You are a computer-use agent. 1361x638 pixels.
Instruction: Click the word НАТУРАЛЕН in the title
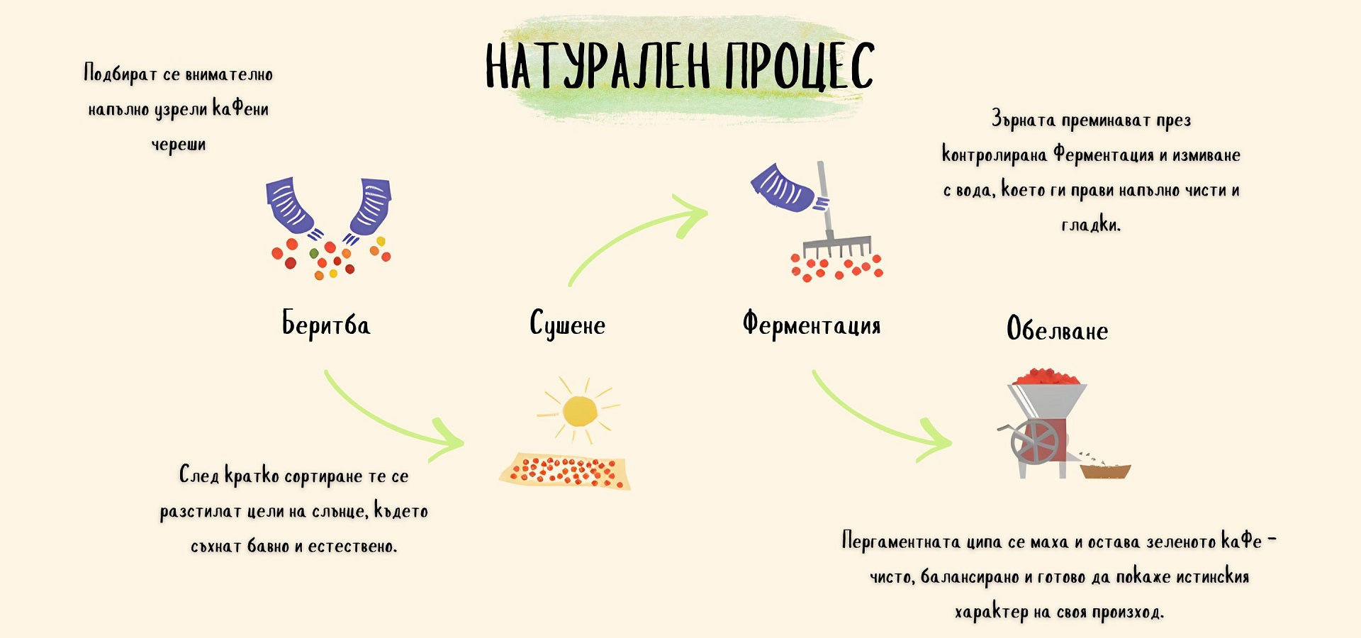[x=597, y=66]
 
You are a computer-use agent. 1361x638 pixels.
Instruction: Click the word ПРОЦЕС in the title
[x=800, y=66]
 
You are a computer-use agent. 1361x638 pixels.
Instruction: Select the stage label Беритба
[x=326, y=324]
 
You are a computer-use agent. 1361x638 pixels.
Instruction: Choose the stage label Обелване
[x=1057, y=330]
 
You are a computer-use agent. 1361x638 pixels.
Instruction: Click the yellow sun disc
[x=580, y=411]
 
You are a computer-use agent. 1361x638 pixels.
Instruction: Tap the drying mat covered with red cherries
[x=565, y=471]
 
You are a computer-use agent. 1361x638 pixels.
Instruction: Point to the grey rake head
[x=836, y=245]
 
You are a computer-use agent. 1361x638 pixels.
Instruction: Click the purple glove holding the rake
[x=783, y=188]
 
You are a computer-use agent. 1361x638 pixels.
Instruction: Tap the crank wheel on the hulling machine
[x=1034, y=441]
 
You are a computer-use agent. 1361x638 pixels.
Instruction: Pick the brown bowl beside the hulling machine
[x=1105, y=471]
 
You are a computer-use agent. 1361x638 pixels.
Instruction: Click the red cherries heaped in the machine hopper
[x=1046, y=376]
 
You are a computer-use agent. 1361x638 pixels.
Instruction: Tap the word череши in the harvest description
[x=179, y=145]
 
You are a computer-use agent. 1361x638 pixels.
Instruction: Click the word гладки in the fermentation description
[x=1090, y=225]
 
